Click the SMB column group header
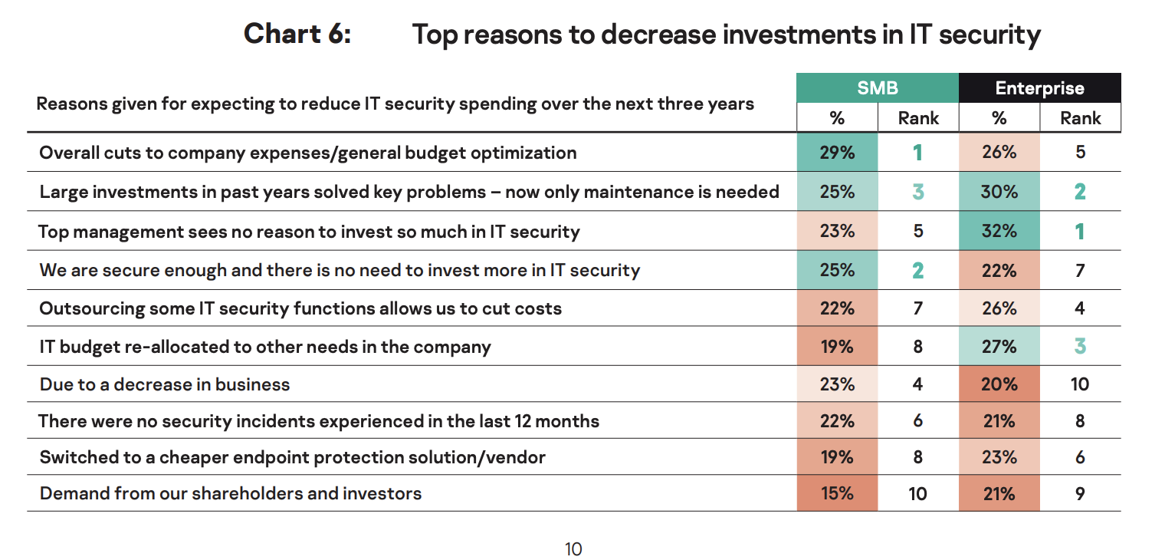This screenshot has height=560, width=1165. tap(877, 87)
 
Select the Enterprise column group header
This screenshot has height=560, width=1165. tap(1039, 87)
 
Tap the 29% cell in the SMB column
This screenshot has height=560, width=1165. tap(836, 153)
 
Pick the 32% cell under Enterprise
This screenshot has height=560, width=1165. tap(999, 231)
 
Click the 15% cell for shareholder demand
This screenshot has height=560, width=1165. tap(836, 493)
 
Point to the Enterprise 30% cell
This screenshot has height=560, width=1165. tap(999, 192)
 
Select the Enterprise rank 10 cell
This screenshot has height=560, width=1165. tap(1080, 384)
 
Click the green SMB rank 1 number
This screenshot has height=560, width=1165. tap(917, 153)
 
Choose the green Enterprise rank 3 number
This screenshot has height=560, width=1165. tap(1080, 346)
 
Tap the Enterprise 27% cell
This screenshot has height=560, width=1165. tap(999, 346)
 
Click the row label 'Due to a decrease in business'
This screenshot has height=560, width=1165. tap(165, 384)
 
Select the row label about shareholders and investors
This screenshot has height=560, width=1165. tap(231, 493)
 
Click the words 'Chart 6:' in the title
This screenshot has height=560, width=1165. tap(297, 35)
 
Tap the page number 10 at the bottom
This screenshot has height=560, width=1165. tap(573, 549)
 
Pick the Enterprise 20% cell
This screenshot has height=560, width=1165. tap(999, 384)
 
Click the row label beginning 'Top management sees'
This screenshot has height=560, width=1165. tap(309, 231)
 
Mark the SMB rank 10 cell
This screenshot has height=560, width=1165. tap(917, 493)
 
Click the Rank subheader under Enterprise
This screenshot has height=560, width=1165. tap(1080, 118)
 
